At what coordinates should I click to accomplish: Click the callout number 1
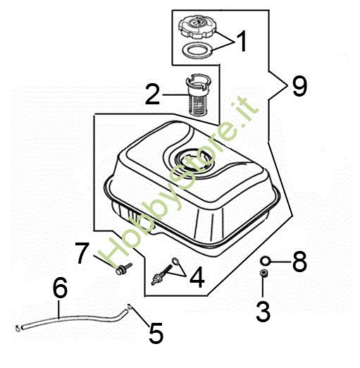(242, 42)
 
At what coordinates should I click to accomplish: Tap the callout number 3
(263, 310)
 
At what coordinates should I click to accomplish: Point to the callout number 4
(197, 279)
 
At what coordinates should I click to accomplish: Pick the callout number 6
(60, 288)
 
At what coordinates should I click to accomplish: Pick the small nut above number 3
(263, 274)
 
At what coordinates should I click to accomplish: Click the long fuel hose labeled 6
(77, 317)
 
